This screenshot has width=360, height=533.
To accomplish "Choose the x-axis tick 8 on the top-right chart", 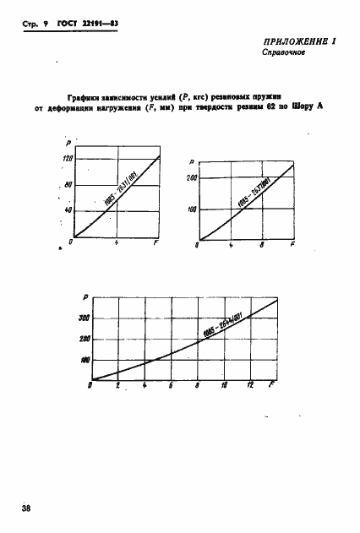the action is [x=263, y=245].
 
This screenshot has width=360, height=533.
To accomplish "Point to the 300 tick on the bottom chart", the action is [x=84, y=318].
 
